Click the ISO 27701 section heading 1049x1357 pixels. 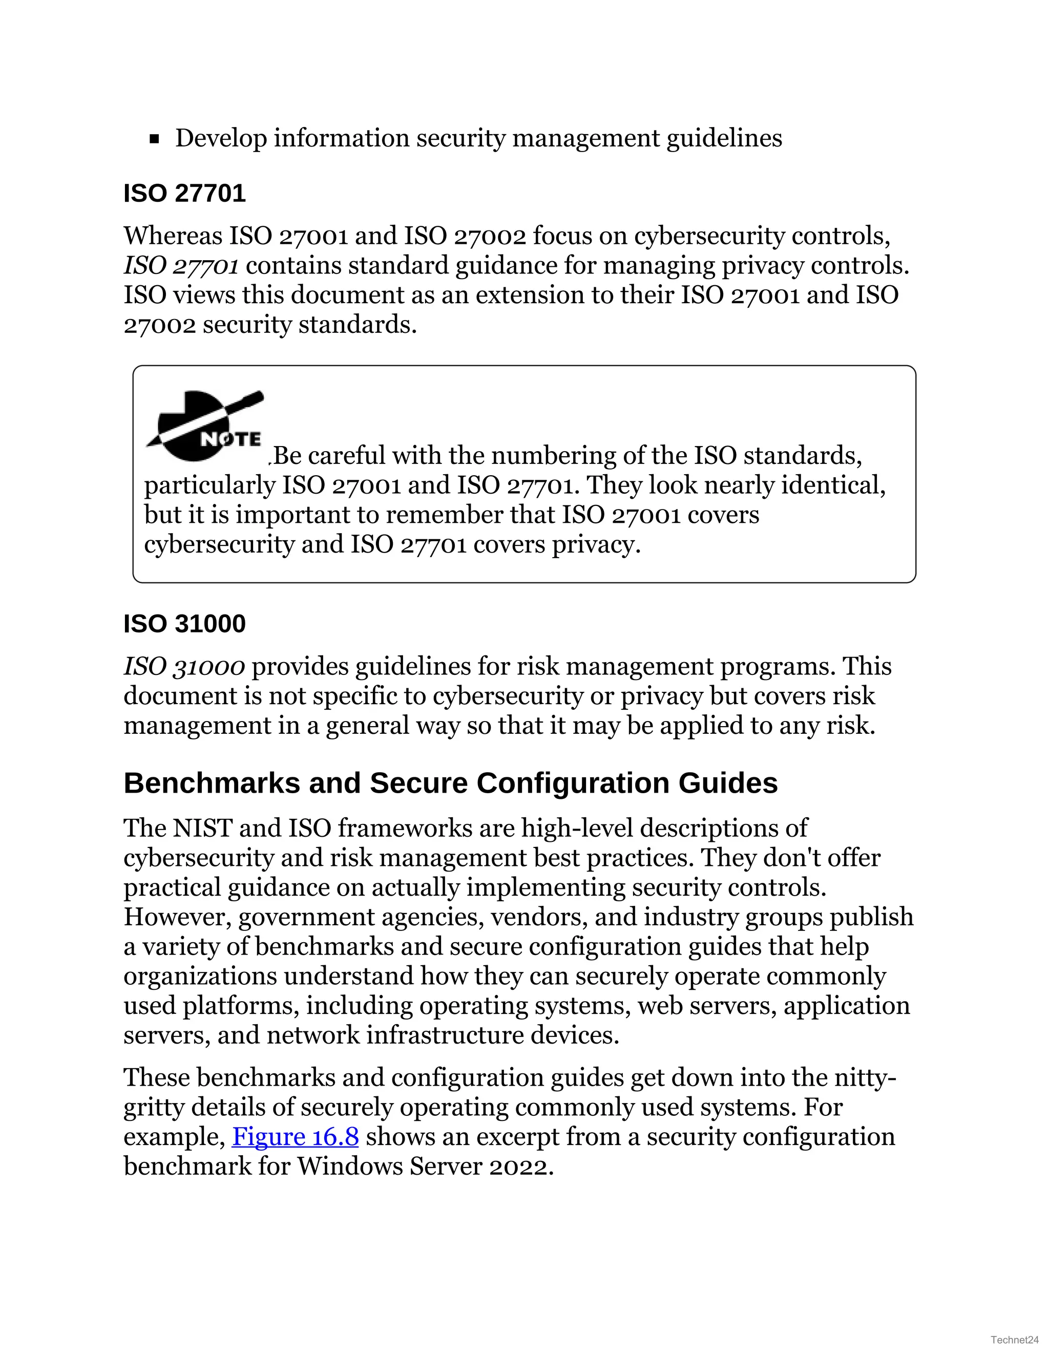184,193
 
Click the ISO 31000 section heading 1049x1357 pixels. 184,624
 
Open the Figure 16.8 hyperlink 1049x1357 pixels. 295,1136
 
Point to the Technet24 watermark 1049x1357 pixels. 1015,1340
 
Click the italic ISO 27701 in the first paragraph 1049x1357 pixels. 181,266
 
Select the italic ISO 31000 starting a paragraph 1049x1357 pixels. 184,667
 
